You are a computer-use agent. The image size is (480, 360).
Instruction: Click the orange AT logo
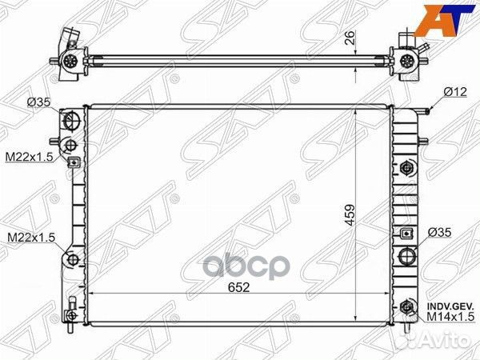(454, 18)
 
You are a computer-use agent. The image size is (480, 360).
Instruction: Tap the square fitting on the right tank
(408, 234)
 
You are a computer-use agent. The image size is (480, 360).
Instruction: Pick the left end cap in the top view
(70, 55)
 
